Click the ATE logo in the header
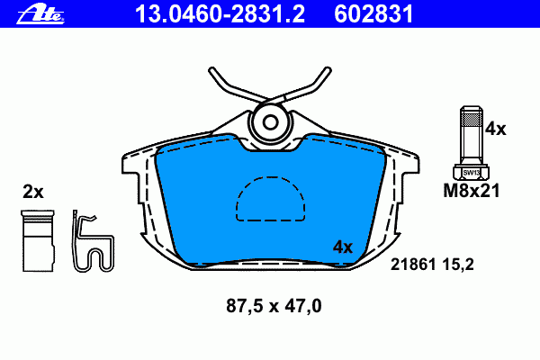[x=40, y=13]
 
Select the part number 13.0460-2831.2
[x=220, y=13]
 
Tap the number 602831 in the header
[x=373, y=13]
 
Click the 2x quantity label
[x=33, y=192]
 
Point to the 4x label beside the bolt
[x=496, y=130]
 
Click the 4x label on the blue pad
[x=343, y=247]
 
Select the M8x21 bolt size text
[x=471, y=191]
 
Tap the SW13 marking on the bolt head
[x=471, y=173]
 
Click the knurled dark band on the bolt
[x=471, y=119]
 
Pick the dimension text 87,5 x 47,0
[x=274, y=306]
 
